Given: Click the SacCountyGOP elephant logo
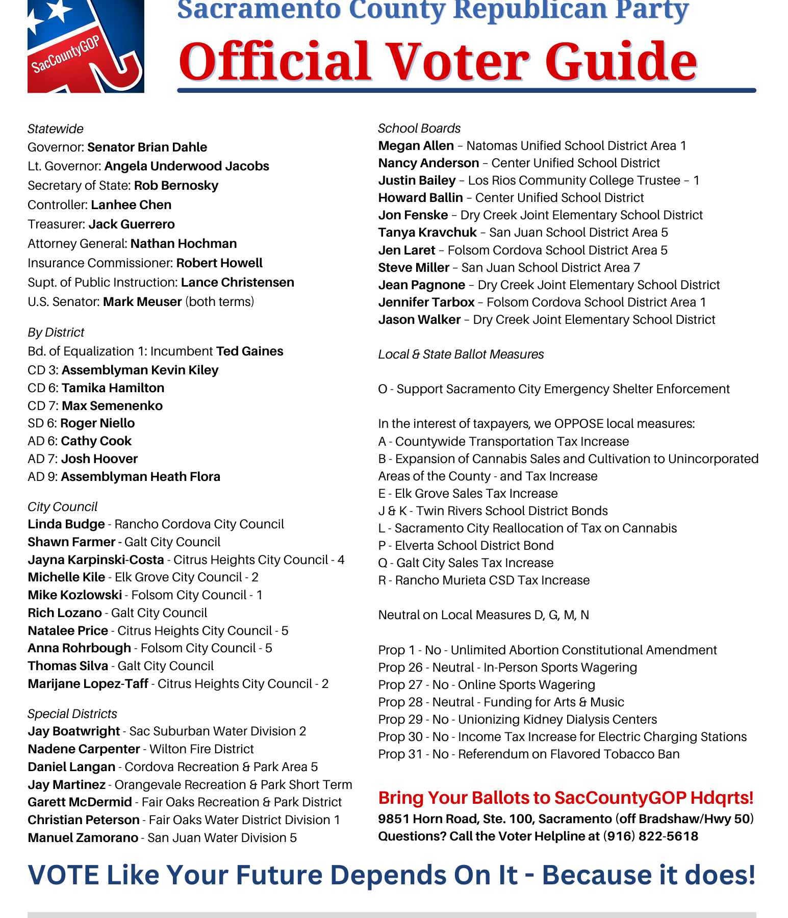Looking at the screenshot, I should (x=86, y=47).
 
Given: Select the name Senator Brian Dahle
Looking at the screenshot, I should (x=147, y=147).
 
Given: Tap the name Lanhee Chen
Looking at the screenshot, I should (x=131, y=205).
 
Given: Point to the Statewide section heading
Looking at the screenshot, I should (x=56, y=129).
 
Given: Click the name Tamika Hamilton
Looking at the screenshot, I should (x=113, y=388).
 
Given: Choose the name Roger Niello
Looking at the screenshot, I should (x=97, y=423).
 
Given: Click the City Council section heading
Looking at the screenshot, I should (x=62, y=507).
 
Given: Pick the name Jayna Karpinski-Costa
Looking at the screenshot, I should (x=96, y=560).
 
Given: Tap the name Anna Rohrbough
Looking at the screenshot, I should (x=80, y=648).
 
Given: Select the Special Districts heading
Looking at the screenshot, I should (x=72, y=714).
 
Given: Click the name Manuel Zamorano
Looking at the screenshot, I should (x=83, y=838).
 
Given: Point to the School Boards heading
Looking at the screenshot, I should (x=419, y=129).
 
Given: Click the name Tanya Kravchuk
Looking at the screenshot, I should (x=427, y=233).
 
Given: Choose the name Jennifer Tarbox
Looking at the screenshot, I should (x=426, y=302).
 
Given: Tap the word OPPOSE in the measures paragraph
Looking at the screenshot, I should (x=579, y=424).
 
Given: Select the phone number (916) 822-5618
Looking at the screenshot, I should (x=650, y=836).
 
